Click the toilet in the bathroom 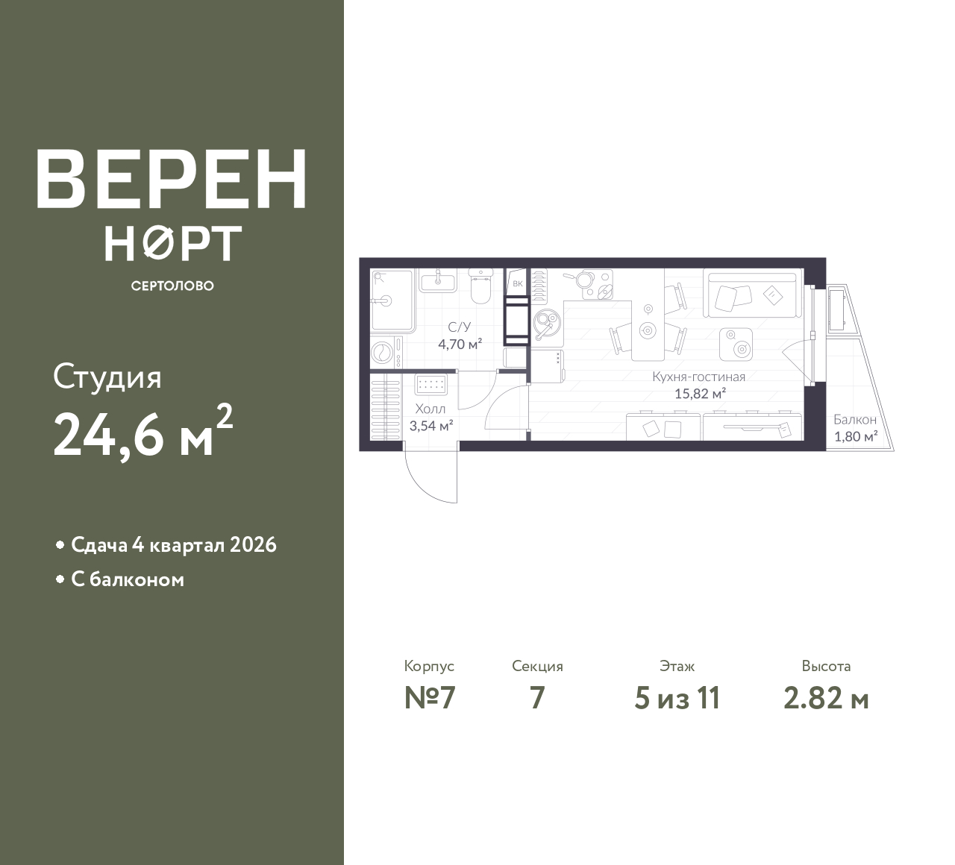480,285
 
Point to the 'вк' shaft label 518,283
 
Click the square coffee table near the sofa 736,345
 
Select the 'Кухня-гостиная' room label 698,377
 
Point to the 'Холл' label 430,409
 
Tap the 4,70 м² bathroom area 460,344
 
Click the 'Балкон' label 855,420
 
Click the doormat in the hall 430,385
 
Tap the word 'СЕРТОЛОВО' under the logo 172,286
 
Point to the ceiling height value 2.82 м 826,699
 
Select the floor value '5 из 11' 677,699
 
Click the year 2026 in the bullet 253,545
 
